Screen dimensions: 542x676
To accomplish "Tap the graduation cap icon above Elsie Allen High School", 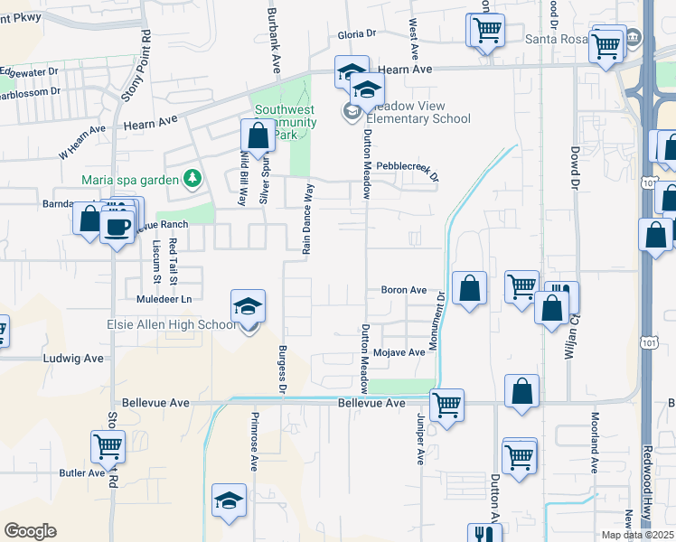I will click(x=248, y=306).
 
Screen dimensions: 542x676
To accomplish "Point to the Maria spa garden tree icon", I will click(x=192, y=179).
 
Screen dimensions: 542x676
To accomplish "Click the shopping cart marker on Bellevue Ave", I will click(x=446, y=406).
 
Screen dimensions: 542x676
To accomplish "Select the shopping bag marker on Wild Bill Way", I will click(x=258, y=136).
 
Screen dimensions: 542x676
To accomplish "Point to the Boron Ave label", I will click(x=403, y=290).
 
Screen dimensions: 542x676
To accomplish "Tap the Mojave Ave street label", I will click(x=399, y=352).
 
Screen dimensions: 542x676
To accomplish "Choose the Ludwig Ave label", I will click(x=74, y=358).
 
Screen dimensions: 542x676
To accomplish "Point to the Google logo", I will click(x=30, y=531).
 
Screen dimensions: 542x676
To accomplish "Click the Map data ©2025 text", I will click(x=636, y=535).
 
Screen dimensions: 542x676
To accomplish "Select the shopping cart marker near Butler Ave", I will click(x=108, y=447).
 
